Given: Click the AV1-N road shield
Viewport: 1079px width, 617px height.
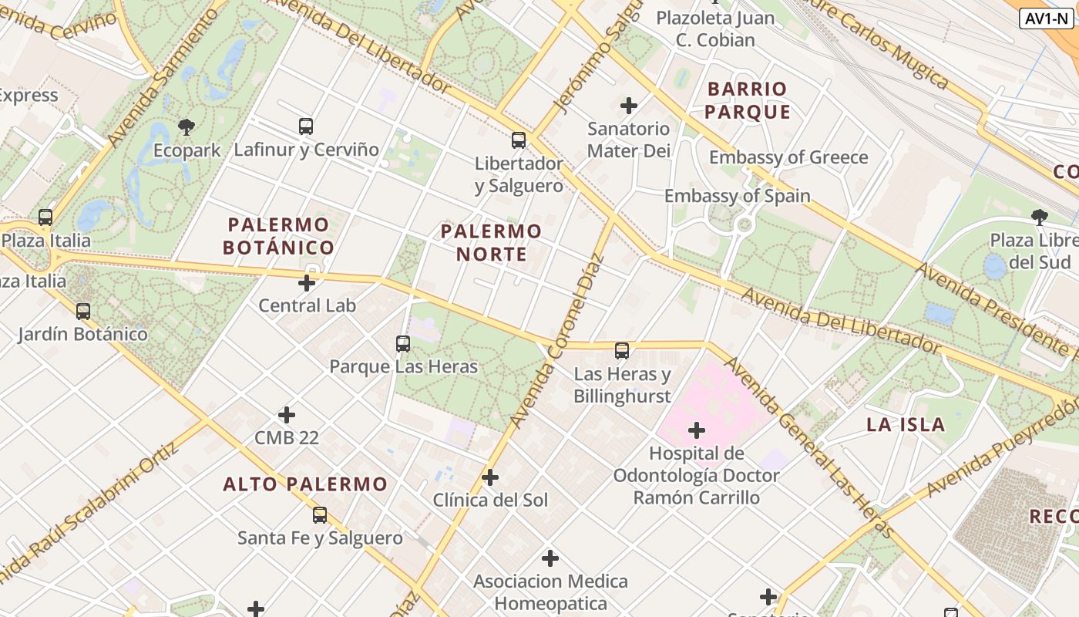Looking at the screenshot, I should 1046,19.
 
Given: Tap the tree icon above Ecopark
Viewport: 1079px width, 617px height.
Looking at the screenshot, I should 186,126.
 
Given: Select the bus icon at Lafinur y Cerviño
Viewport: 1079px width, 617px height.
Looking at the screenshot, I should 306,126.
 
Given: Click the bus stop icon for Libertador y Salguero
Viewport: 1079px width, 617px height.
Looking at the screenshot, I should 519,140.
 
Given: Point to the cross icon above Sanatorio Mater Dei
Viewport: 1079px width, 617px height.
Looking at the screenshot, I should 629,105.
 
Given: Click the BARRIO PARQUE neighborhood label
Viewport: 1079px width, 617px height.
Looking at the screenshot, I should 747,100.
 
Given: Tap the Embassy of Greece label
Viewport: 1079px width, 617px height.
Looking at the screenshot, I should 788,157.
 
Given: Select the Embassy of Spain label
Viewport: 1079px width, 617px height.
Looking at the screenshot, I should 737,196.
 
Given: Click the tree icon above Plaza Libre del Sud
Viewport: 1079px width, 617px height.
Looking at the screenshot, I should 1039,217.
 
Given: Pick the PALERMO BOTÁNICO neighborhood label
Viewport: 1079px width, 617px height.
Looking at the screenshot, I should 278,236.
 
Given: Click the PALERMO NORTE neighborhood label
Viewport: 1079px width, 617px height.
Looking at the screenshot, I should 492,242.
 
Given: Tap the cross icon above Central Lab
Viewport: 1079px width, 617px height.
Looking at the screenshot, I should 307,283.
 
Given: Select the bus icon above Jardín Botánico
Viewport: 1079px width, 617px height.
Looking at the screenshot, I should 83,312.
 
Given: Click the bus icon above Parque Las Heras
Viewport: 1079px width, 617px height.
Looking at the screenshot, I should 403,343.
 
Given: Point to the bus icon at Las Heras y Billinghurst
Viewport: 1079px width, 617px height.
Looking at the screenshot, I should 622,351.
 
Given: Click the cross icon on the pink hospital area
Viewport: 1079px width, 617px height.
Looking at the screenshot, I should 697,430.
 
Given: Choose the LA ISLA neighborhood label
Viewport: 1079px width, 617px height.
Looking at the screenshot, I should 906,424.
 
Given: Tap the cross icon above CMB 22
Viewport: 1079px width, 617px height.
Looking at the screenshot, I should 287,415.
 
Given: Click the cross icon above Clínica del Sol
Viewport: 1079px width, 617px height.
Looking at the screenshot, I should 490,477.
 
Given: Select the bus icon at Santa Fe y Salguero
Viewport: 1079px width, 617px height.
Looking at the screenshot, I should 320,514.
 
